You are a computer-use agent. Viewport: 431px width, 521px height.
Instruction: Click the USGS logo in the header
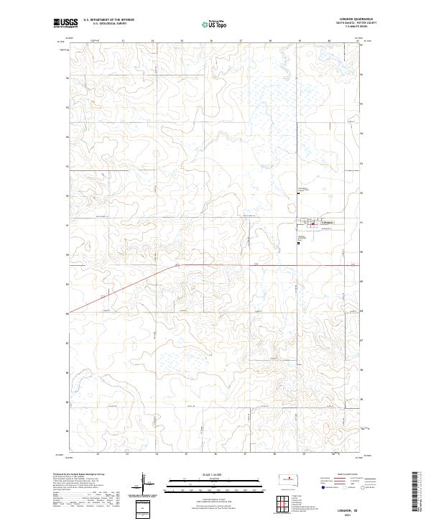(66, 23)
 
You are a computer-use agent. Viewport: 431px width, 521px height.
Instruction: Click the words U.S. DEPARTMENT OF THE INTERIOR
(108, 20)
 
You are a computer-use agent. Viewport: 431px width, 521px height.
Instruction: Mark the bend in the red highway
(175, 265)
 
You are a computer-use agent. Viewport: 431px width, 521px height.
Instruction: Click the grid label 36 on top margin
(211, 41)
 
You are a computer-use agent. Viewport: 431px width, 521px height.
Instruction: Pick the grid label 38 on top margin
(270, 41)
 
